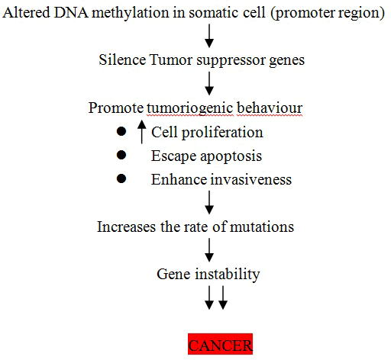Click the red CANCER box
click(221, 344)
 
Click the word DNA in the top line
click(71, 13)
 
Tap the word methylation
click(131, 13)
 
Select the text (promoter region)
click(328, 14)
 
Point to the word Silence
click(122, 60)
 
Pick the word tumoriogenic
click(190, 108)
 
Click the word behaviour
click(270, 108)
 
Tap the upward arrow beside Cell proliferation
click(142, 132)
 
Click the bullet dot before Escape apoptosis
click(121, 155)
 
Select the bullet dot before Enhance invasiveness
click(121, 178)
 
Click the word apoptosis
click(231, 156)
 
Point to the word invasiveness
click(251, 179)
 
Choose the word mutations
click(262, 227)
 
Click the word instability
click(228, 275)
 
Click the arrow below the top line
click(209, 36)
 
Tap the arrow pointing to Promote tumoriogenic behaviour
click(209, 83)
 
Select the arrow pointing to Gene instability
click(209, 250)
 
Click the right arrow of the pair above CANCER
click(223, 297)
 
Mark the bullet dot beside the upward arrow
click(121, 131)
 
